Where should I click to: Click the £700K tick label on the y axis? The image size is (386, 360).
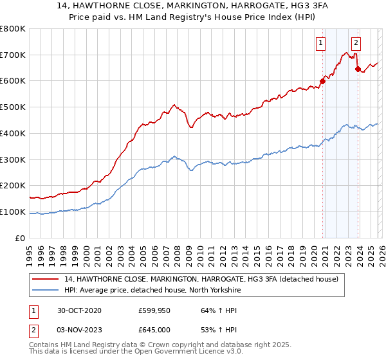(13, 55)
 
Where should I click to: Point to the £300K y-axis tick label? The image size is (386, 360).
(13, 159)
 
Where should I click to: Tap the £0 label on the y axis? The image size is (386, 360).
(20, 238)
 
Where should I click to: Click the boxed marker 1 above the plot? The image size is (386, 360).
(320, 44)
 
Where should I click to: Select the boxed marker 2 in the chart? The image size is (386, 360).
(356, 44)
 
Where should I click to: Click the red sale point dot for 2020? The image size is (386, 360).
(322, 81)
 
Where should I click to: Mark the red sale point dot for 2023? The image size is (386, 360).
(358, 69)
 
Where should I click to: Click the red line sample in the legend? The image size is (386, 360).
(47, 278)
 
